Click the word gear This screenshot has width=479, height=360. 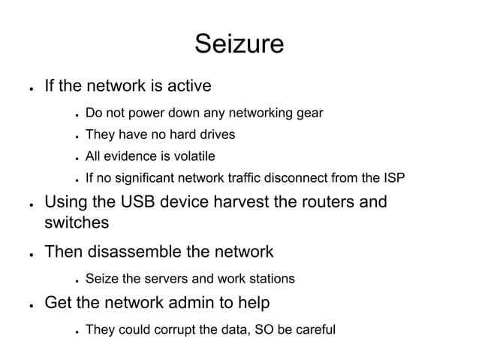click(x=310, y=113)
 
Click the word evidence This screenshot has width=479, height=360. click(x=128, y=156)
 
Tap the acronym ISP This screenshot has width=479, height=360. click(x=392, y=178)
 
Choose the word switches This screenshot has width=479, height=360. click(x=77, y=223)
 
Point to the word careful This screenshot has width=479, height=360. click(x=315, y=329)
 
